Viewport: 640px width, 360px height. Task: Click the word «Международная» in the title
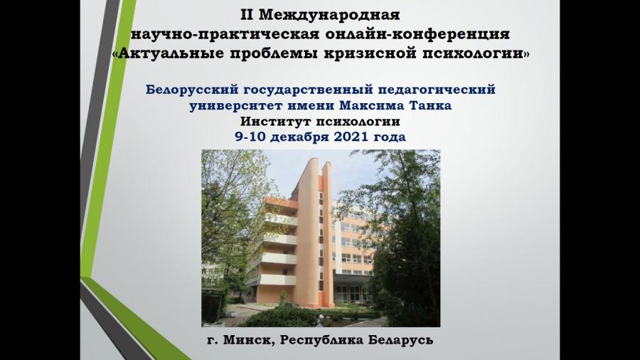pos(329,15)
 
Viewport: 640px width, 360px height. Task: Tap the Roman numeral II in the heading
pos(247,15)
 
